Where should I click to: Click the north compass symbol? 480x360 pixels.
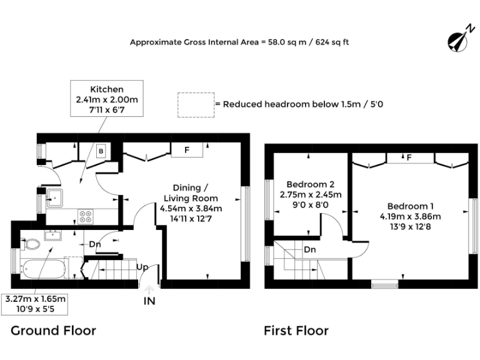459,39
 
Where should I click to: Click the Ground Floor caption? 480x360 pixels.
53,330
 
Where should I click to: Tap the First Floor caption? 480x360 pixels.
296,330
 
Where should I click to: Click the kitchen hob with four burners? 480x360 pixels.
86,216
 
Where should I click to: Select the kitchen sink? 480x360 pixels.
53,198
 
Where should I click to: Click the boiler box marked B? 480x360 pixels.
101,151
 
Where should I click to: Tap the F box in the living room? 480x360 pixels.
187,150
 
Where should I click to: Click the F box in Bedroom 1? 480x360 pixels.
409,157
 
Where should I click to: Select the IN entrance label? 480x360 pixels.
149,301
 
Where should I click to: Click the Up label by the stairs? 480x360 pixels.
142,267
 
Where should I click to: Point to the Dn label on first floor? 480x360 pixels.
310,249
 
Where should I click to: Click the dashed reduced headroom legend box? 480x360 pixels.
194,104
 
